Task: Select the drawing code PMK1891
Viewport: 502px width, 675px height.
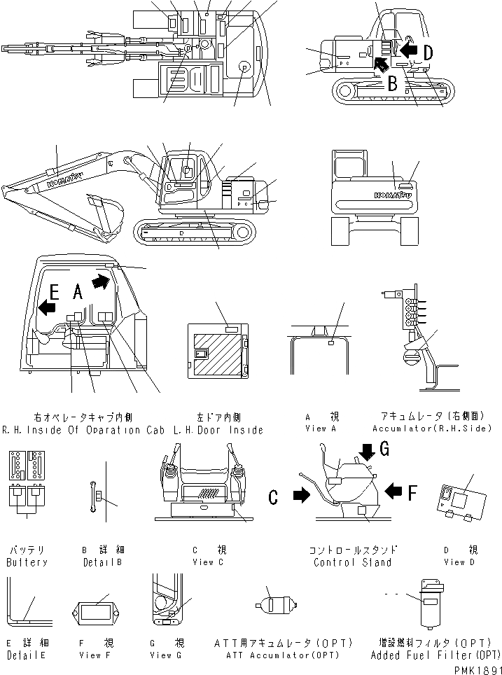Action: pyautogui.click(x=473, y=668)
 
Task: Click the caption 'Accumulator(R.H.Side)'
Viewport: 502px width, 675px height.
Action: pyautogui.click(x=432, y=428)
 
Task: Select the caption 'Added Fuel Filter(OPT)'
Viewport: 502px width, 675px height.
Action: pyautogui.click(x=436, y=655)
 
